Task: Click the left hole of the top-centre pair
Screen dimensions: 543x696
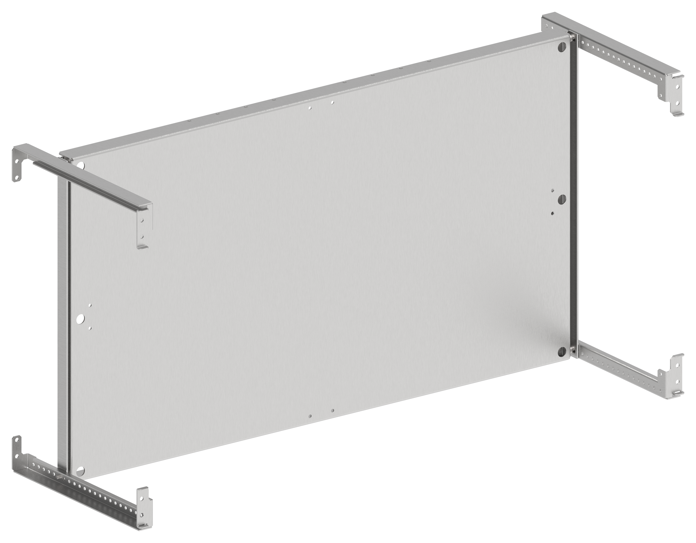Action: point(310,108)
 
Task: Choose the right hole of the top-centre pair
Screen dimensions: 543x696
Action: point(332,103)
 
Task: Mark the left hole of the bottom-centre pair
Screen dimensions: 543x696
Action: point(310,416)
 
